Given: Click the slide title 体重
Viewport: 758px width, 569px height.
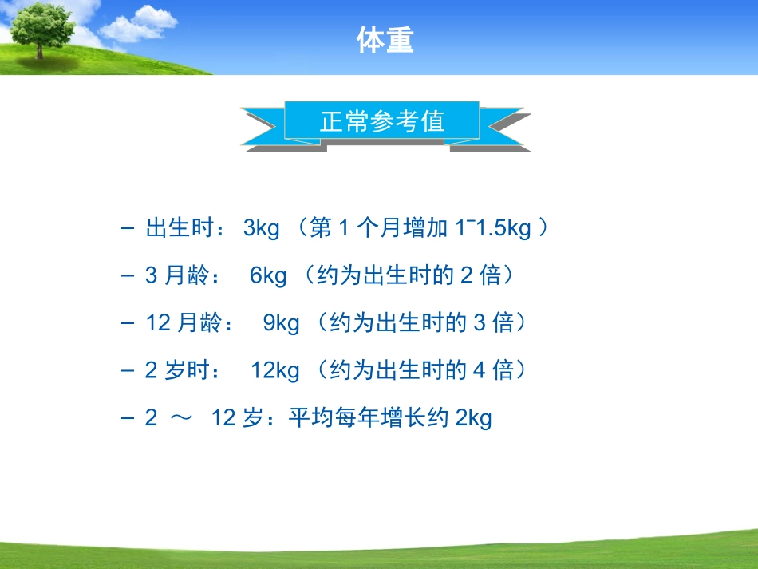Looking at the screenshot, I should pos(385,41).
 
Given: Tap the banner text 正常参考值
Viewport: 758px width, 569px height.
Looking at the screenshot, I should pos(382,122).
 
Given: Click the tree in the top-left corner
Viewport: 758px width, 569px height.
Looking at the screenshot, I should pos(40,28).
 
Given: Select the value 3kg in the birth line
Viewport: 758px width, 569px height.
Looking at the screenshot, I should pos(262,229).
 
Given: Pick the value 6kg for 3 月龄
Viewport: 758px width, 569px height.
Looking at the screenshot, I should pos(268,276).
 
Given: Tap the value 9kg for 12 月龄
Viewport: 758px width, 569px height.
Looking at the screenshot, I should pos(281,323).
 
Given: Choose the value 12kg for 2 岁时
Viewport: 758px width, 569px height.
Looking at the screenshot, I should pos(275,370).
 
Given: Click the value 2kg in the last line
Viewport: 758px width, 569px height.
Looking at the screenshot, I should pos(473,417).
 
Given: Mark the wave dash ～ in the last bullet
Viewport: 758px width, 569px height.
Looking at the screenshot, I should pos(181,418).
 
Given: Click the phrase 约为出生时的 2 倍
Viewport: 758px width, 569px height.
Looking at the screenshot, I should pos(408,276).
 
